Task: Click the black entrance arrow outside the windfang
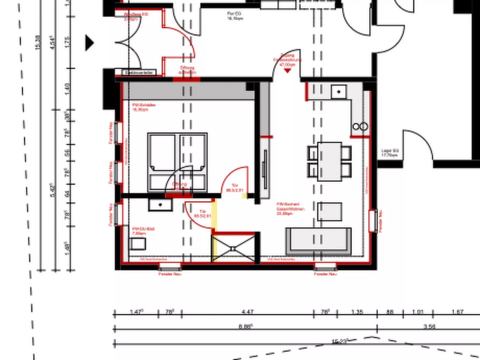coord(89,43)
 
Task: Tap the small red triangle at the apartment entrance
coord(287,71)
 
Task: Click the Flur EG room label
coord(235,16)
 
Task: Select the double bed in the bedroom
coord(177,162)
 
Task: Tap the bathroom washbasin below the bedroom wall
coord(160,205)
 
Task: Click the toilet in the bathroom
coord(138,244)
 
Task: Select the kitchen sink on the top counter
coord(339,92)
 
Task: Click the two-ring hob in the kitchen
coord(360,127)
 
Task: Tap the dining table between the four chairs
coord(329,162)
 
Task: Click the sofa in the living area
coord(318,241)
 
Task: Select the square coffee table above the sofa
coord(330,212)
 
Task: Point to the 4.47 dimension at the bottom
coord(247,312)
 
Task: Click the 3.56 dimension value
coord(429,327)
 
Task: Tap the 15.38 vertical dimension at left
coord(37,42)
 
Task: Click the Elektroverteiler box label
coord(139,73)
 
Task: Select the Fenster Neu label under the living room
coord(325,274)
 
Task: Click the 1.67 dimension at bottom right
coord(457,312)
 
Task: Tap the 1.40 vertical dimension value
coord(67,89)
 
